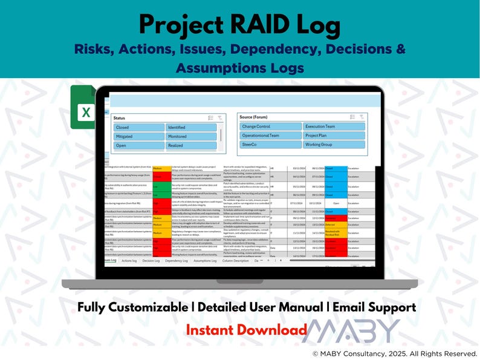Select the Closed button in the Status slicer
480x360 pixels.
139,128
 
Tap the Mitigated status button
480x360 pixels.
139,137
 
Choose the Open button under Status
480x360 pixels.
139,146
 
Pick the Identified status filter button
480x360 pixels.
190,128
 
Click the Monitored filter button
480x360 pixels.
190,137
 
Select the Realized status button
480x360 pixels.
190,146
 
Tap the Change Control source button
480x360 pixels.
270,126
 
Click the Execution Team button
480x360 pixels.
334,126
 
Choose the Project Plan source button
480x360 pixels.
334,136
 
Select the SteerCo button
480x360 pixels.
270,145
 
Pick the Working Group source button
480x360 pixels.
334,145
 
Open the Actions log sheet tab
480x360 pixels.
129,261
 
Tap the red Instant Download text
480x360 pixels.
246,330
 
